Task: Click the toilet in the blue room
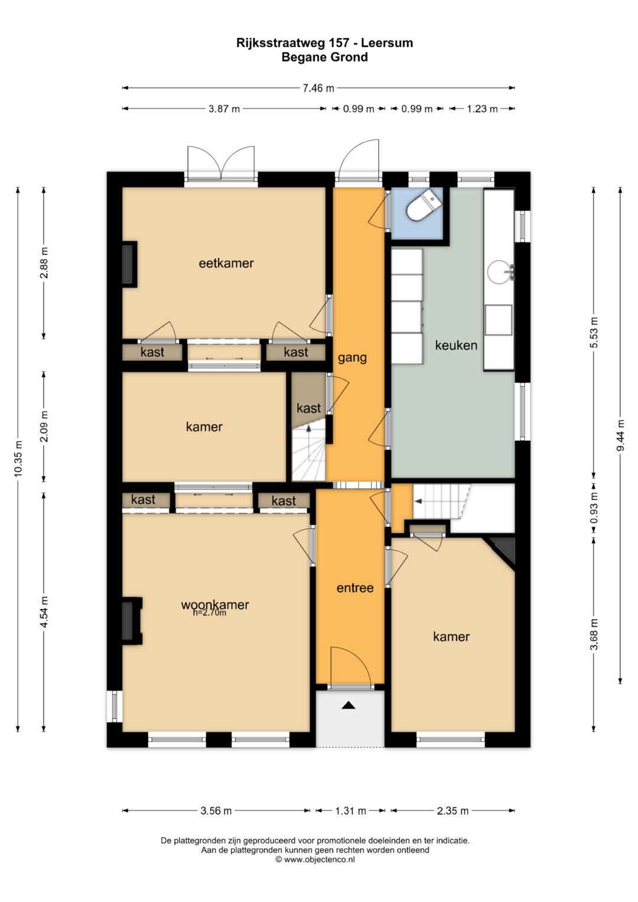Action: coord(422,205)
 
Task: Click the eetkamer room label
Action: coord(226,263)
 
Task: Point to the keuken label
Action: coord(456,345)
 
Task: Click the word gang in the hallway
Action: coord(352,358)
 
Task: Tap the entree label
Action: coord(355,588)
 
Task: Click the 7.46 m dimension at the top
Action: coord(318,88)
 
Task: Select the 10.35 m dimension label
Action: coord(18,458)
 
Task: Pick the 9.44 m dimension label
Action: coord(621,435)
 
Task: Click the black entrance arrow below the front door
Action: coord(349,705)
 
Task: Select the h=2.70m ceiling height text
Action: coord(210,613)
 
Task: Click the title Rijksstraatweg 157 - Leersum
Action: coord(325,43)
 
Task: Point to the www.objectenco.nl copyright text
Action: coord(315,859)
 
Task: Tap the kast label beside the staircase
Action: coord(308,408)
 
